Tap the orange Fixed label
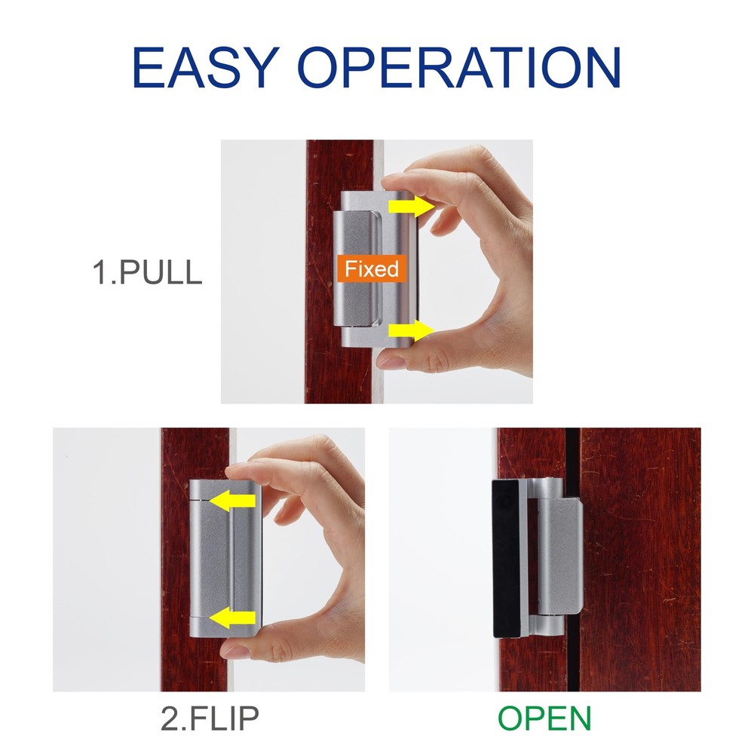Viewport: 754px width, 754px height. pos(372,268)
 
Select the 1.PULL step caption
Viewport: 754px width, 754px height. pos(147,272)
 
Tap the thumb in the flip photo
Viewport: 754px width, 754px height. pos(253,647)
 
